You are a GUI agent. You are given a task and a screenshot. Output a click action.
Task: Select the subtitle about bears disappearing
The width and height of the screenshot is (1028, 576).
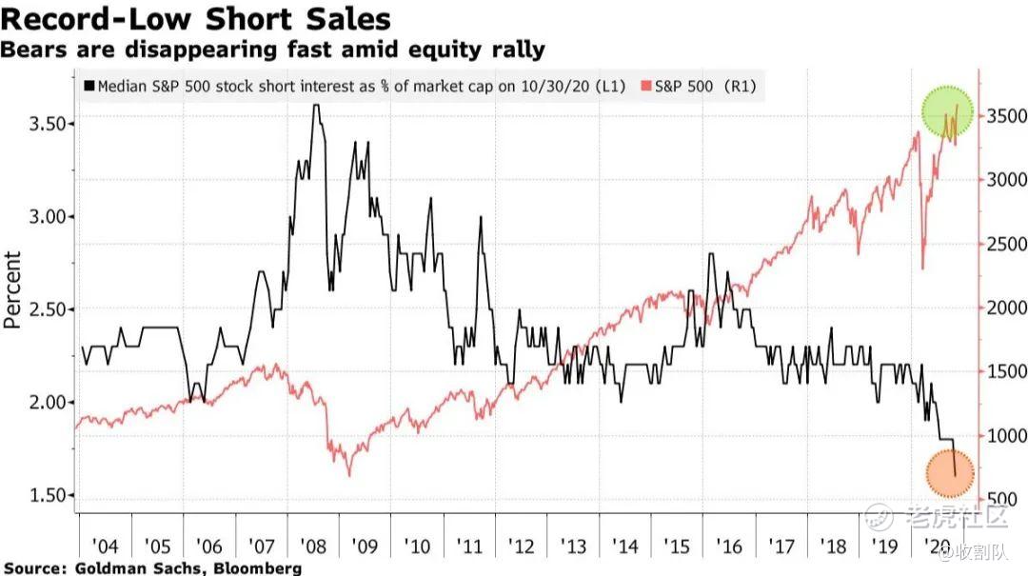pyautogui.click(x=273, y=49)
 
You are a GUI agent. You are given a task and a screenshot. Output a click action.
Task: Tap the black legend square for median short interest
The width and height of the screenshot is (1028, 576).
pyautogui.click(x=89, y=87)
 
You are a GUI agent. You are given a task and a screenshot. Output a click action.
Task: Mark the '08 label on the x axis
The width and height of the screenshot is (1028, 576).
pyautogui.click(x=312, y=546)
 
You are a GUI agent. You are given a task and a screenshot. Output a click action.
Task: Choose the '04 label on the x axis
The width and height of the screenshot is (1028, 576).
pyautogui.click(x=105, y=546)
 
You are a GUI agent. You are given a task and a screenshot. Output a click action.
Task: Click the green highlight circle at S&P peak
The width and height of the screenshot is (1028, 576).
pyautogui.click(x=948, y=112)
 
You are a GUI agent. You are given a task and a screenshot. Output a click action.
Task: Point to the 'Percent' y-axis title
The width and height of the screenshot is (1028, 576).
pyautogui.click(x=13, y=289)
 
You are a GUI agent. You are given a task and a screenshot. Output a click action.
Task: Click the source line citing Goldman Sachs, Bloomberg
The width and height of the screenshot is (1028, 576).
pyautogui.click(x=152, y=568)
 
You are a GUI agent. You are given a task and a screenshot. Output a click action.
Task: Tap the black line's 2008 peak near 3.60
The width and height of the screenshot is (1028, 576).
pyautogui.click(x=315, y=106)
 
